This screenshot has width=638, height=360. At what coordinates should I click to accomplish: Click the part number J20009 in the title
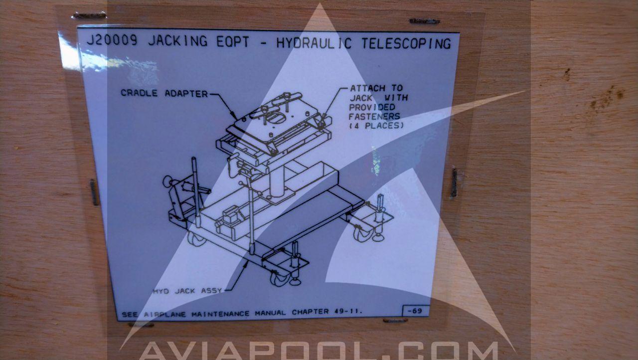point(112,40)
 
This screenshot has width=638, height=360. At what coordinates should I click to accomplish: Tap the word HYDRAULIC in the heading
point(314,43)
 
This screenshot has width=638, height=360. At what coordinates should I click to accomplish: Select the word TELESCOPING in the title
point(406,44)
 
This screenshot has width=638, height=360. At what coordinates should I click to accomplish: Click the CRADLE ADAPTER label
point(164,93)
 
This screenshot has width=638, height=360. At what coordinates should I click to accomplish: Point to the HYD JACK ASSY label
point(187,291)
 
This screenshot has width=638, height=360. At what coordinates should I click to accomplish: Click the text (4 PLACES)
point(376,126)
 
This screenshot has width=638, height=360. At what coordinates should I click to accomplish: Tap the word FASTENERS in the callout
point(374,116)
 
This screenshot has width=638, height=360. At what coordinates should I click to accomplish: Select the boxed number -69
point(415,311)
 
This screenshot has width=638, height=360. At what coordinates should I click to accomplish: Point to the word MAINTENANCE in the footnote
point(220,314)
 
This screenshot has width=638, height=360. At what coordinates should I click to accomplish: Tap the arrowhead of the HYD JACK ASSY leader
point(246,263)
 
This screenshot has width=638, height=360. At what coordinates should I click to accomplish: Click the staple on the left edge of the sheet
point(94,192)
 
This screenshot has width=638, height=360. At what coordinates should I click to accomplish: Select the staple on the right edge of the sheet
point(454,183)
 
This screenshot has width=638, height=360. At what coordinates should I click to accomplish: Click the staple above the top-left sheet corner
point(89,15)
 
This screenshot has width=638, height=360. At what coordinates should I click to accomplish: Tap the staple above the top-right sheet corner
point(424,21)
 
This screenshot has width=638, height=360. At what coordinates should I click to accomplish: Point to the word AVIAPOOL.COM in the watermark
point(319,351)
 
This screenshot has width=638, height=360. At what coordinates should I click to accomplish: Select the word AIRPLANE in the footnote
point(164,315)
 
